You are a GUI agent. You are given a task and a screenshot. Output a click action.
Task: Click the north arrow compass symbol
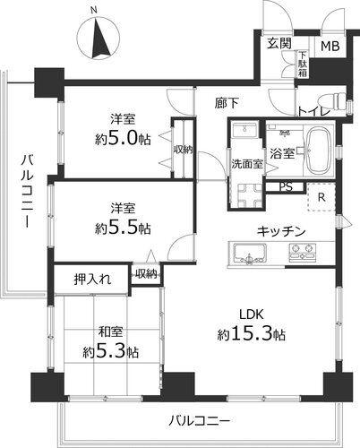[x=99, y=38]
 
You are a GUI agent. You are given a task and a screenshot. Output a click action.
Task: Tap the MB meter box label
[x=330, y=47]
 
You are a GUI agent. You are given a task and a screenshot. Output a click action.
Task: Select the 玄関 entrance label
[x=279, y=44]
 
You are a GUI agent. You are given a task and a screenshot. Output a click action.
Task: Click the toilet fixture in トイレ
[x=333, y=101]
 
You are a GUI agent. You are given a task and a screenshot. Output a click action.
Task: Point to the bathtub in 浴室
[x=321, y=151]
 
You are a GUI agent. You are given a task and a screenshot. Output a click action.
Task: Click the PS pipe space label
[x=286, y=187]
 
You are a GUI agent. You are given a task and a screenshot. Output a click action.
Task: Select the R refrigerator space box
[x=321, y=197]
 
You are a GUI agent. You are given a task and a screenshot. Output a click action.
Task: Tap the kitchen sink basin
[x=250, y=253]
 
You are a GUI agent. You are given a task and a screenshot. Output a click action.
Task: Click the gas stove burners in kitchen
[x=302, y=253]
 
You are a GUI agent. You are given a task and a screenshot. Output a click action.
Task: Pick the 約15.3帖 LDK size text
[x=252, y=334]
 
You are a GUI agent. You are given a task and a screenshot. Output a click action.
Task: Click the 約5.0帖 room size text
[x=123, y=139]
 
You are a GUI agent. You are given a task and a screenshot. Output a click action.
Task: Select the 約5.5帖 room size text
[x=123, y=228]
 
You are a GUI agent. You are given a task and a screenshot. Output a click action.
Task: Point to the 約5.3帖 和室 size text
[x=111, y=352]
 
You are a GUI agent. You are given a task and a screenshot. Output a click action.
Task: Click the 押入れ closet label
[x=92, y=280]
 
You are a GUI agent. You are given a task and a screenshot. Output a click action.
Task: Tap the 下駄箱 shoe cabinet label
[x=303, y=65]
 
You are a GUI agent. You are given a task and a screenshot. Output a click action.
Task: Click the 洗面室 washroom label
[x=247, y=163]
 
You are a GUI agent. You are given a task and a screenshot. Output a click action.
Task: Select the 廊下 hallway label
[x=227, y=103]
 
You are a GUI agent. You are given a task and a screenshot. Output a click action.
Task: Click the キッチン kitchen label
[x=281, y=231]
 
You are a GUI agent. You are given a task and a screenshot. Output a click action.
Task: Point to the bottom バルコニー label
[x=199, y=421]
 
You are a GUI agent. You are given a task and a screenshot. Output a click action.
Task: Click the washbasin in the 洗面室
[x=245, y=130]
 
